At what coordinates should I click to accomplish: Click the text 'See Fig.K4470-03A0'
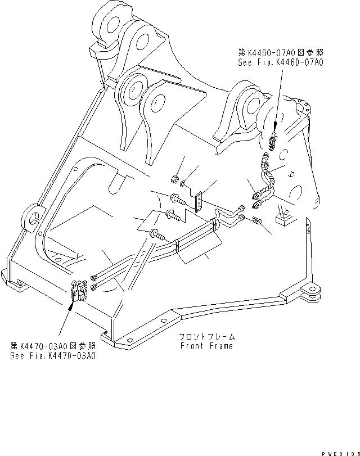(x=53, y=356)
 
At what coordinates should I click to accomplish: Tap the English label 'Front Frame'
(x=206, y=346)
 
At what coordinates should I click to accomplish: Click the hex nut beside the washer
(x=174, y=179)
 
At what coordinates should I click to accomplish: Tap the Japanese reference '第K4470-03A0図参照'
(x=53, y=346)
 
